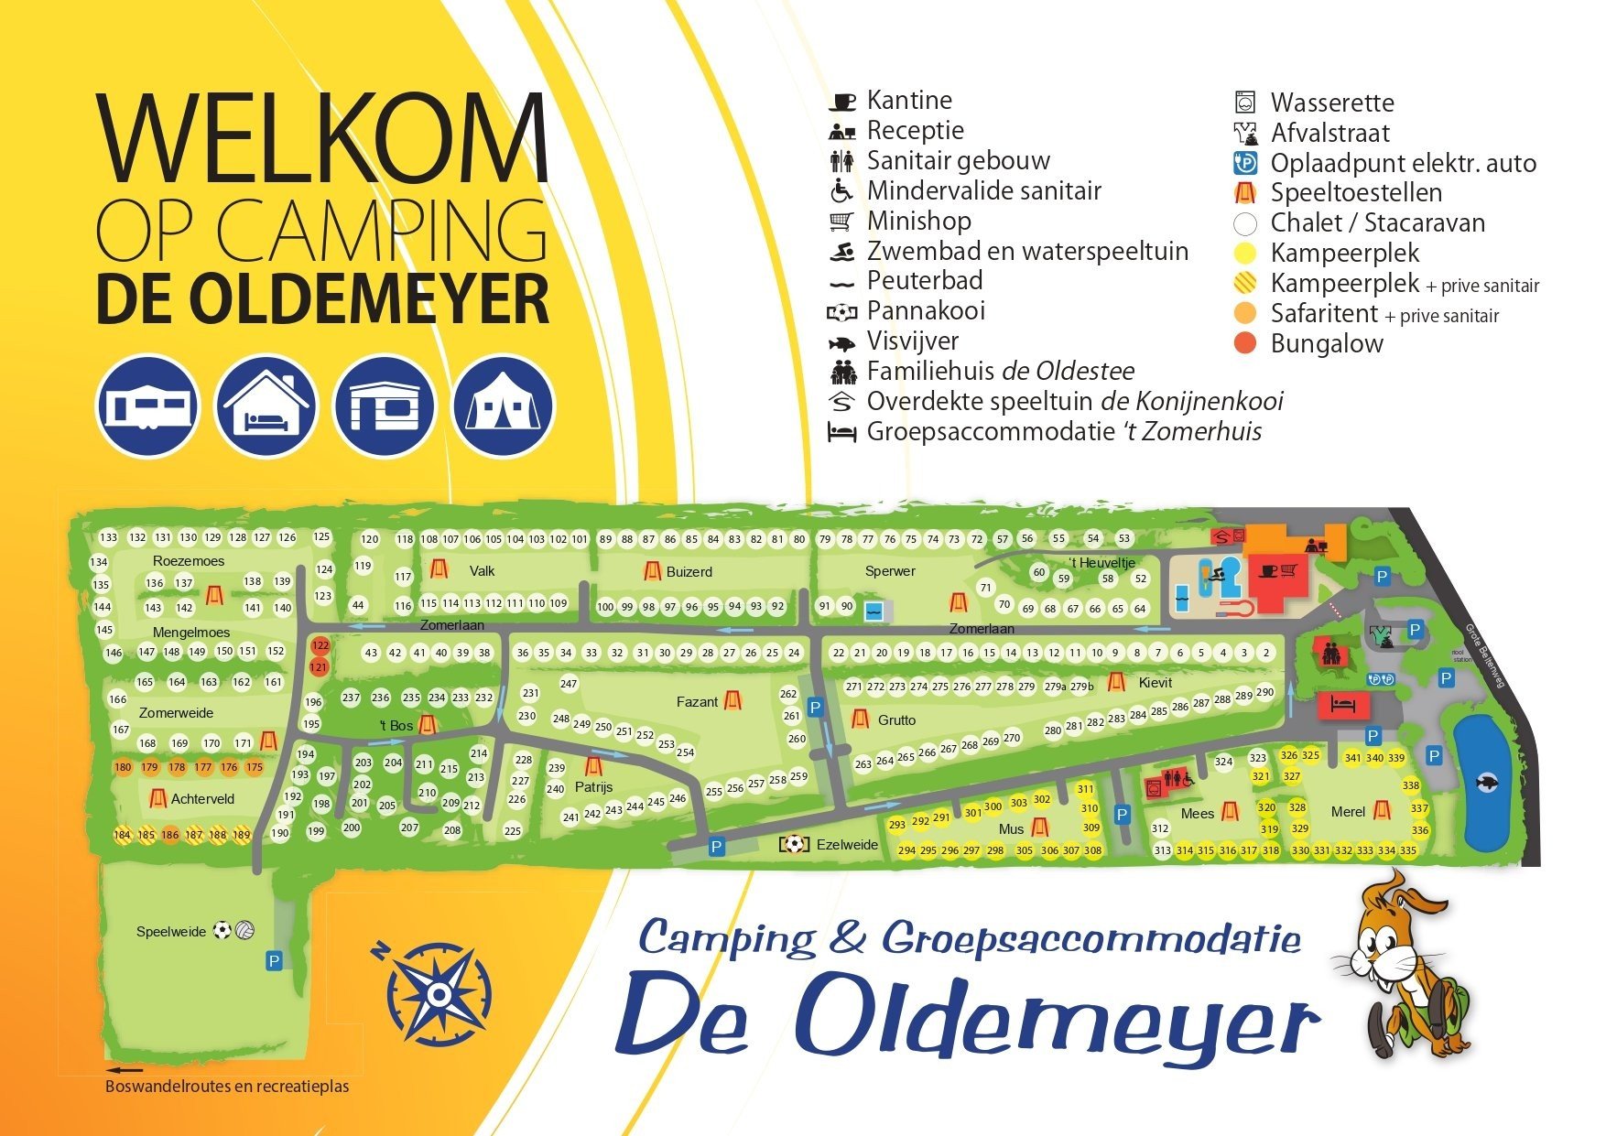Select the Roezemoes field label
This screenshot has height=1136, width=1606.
189,561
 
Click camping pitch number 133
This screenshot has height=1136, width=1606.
109,538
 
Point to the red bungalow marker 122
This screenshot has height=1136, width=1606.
320,645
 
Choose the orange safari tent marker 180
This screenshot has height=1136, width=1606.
123,767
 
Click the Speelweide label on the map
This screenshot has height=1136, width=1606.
171,932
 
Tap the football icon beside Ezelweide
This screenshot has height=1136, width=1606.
794,844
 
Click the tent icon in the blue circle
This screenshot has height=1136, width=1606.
503,406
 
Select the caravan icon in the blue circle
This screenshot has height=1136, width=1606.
147,406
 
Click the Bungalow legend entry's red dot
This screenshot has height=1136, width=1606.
1245,344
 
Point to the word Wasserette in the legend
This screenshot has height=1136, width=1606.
1331,103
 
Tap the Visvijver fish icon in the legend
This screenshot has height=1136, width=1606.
841,342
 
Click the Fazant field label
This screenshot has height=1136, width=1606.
697,702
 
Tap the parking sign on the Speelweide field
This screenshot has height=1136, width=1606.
274,960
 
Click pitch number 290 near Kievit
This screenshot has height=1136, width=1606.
1264,693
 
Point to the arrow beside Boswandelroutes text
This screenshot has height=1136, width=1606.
125,1069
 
